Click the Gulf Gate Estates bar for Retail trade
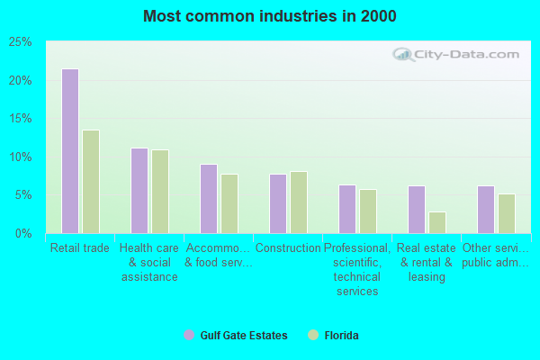(x=70, y=151)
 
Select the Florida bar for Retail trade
(x=91, y=182)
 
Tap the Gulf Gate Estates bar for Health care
(x=139, y=191)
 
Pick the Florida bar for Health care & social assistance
(x=160, y=192)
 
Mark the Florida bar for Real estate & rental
(x=437, y=222)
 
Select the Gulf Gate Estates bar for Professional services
(x=347, y=209)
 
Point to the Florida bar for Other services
(x=507, y=213)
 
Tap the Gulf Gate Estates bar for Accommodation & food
(x=209, y=199)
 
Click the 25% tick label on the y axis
(x=21, y=42)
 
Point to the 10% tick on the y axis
(x=21, y=157)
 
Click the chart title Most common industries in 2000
(x=269, y=16)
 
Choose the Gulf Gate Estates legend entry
(x=235, y=336)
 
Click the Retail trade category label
(x=80, y=248)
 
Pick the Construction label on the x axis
(x=288, y=248)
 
